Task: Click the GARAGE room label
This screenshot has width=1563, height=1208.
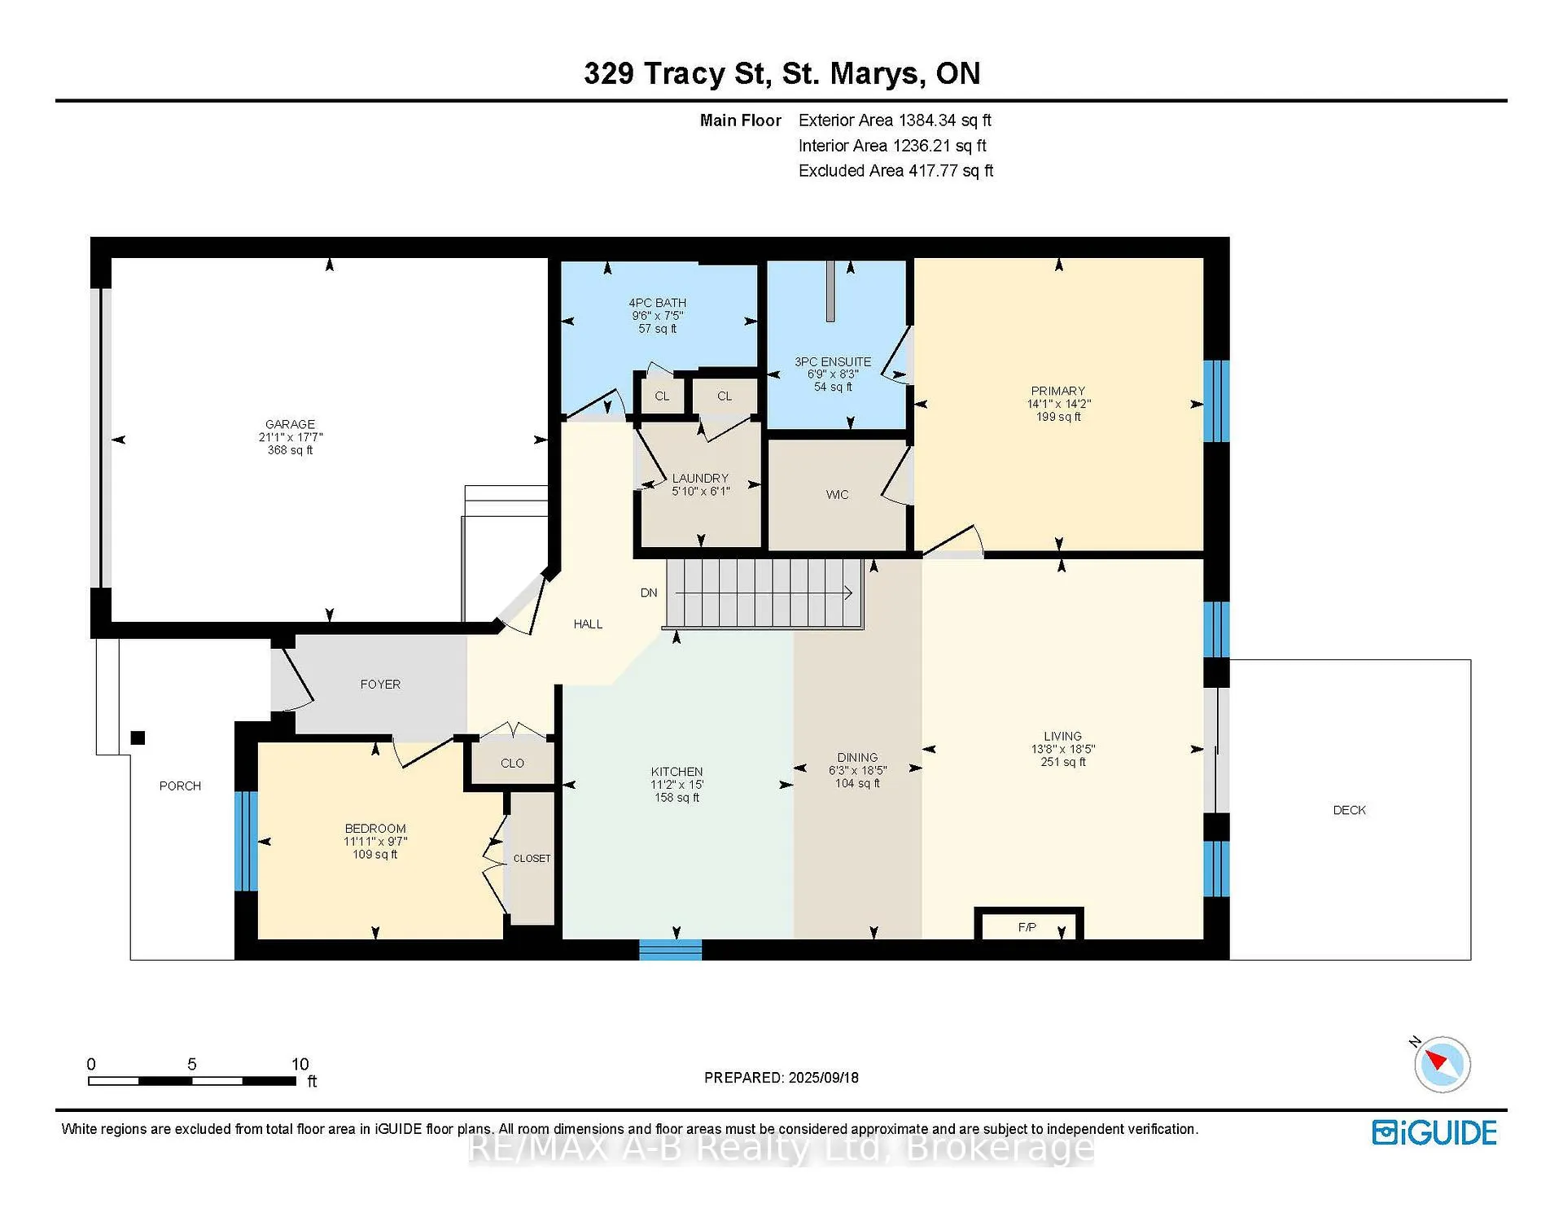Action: coord(290,424)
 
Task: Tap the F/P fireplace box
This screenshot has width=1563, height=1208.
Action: coord(1029,924)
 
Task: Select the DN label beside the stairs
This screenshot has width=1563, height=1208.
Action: coord(649,593)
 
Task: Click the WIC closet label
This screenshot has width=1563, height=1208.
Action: coord(837,495)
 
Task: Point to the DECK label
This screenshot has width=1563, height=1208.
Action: coord(1349,810)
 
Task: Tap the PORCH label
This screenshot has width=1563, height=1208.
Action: coord(180,786)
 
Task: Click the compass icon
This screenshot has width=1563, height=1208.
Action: coord(1442,1063)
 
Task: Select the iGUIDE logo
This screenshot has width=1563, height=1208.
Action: coord(1434,1132)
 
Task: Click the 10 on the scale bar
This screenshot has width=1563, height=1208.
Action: coord(300,1064)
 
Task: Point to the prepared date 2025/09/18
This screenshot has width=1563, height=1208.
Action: coord(824,1078)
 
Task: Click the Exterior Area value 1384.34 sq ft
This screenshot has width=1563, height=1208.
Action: coord(944,120)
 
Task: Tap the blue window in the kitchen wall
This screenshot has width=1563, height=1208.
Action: coord(670,949)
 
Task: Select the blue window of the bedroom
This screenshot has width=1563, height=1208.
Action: coord(246,841)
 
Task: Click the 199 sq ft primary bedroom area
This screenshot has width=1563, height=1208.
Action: coord(1058,417)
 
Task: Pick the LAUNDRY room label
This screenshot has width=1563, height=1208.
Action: coord(700,479)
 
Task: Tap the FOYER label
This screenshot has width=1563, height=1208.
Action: coord(380,685)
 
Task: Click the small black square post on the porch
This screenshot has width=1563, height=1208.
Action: coord(138,737)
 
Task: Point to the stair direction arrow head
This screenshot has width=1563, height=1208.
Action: coord(848,593)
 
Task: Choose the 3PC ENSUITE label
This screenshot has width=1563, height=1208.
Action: coord(833,361)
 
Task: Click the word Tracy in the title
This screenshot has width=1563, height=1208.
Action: coord(684,74)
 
